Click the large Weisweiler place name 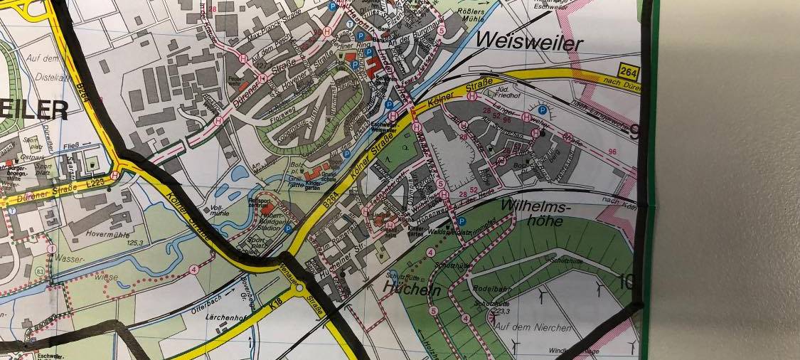[531, 43]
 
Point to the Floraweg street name [281, 112]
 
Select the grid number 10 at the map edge [626, 280]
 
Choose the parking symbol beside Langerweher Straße [543, 110]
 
